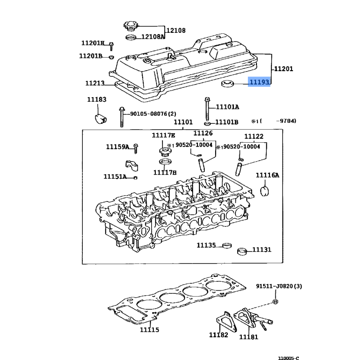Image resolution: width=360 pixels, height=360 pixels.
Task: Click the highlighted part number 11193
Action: point(259,82)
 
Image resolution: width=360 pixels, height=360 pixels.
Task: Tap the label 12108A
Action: point(153,37)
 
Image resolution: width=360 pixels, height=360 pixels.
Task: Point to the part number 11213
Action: point(95,83)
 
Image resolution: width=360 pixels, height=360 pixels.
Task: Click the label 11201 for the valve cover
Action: point(283,69)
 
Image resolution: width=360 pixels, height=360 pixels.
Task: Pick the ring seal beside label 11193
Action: point(227,84)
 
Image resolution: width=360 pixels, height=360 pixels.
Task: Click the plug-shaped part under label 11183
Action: point(100,118)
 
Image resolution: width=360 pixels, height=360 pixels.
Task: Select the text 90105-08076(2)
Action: point(153,114)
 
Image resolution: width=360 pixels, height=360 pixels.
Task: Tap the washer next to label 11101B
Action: point(207,124)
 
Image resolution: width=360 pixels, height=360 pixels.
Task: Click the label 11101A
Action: point(227,107)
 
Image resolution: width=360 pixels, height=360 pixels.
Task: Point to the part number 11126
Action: point(203,133)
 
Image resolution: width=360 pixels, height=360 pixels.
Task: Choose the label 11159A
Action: point(117,147)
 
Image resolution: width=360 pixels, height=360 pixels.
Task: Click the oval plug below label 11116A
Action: point(265,191)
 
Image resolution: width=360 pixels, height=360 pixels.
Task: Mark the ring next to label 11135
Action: point(227,245)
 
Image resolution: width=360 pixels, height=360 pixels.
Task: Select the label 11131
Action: point(262,250)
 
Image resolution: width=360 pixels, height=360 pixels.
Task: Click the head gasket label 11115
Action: point(149,330)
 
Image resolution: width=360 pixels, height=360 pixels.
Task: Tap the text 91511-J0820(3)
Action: point(279,286)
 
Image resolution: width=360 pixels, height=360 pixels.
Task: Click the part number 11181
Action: point(249,337)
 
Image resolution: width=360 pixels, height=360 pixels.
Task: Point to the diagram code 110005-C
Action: point(288,358)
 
